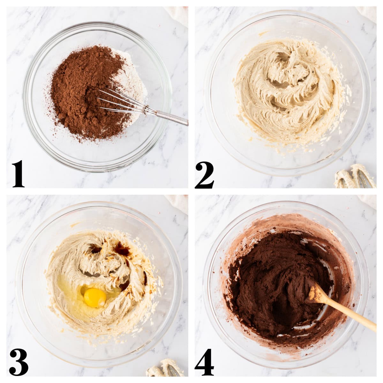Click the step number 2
click(x=204, y=175)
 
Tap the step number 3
click(x=19, y=362)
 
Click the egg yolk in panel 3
click(x=95, y=297)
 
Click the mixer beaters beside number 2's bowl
click(x=354, y=177)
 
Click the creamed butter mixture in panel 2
click(x=287, y=93)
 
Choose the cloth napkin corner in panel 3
click(x=179, y=202)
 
